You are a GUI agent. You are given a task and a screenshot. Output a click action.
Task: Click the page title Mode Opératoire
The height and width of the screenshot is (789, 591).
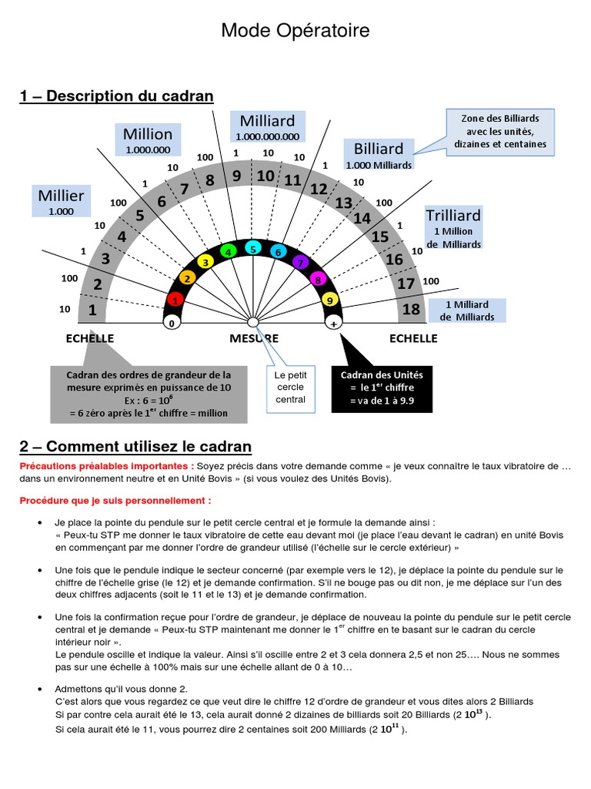coord(295,31)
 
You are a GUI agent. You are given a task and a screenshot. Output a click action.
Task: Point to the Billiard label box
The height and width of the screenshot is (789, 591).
coord(379,155)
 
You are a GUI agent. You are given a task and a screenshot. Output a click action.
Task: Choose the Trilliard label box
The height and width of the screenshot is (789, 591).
coord(453,227)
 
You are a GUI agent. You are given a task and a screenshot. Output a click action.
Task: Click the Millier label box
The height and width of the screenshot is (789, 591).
coord(62,201)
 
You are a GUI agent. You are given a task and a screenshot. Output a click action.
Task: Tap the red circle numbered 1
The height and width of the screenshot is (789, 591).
coord(175,300)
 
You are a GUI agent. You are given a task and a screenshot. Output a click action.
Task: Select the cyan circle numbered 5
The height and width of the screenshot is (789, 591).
coord(252,248)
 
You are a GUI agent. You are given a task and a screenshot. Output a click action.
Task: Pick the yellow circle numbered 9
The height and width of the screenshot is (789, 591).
coord(330,300)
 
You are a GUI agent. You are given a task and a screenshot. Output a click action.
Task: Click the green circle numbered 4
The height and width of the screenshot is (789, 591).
coord(228,251)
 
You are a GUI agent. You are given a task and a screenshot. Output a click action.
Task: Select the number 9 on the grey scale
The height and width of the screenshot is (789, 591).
coord(237,176)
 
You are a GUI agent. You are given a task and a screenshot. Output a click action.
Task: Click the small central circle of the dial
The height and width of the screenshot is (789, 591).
coord(252,322)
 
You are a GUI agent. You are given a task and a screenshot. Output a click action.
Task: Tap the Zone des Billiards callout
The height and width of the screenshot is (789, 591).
coord(500,131)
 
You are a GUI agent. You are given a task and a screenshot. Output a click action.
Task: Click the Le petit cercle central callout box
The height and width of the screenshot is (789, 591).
coord(290,387)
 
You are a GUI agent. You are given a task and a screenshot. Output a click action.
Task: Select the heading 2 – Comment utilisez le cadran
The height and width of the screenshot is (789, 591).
coord(135,447)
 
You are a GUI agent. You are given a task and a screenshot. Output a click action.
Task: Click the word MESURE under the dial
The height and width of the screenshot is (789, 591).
coord(254,338)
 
